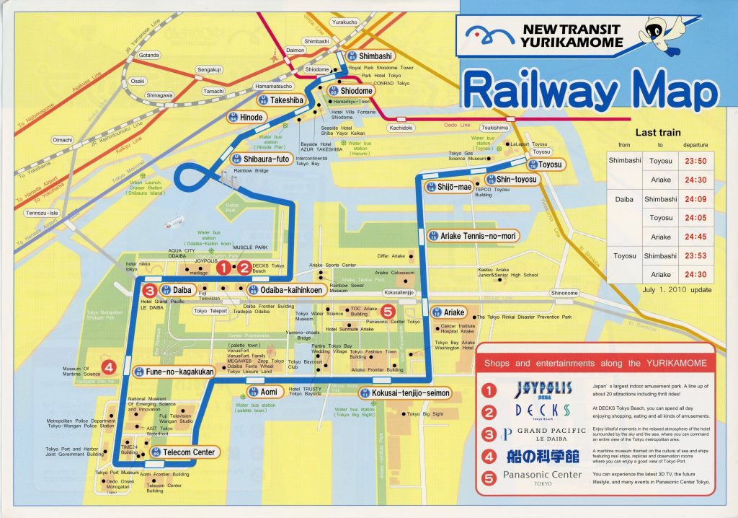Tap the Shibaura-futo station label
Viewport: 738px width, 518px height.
click(x=261, y=159)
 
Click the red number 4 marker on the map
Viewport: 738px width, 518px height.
click(x=108, y=366)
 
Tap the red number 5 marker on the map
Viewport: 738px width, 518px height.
click(x=388, y=312)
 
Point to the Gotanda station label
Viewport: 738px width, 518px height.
click(x=148, y=55)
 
